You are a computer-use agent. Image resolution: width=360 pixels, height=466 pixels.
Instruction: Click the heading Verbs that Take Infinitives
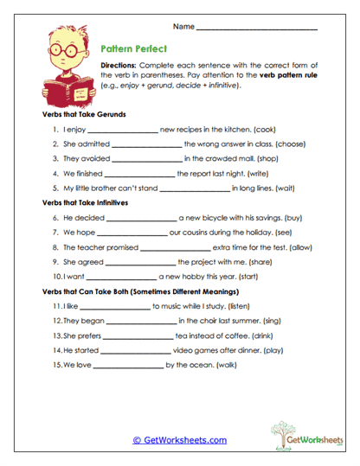(85, 202)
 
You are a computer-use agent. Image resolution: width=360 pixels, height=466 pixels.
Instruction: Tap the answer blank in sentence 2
(147, 144)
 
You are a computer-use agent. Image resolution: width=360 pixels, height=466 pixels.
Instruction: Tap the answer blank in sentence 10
(122, 277)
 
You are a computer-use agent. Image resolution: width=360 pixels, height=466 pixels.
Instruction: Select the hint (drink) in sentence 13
(265, 335)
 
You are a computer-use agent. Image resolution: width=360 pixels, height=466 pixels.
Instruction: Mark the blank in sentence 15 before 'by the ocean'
(126, 366)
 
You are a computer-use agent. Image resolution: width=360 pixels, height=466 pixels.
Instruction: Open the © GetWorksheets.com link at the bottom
(180, 439)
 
